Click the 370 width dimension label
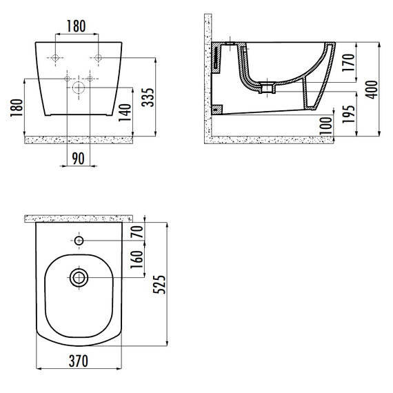[x=79, y=361]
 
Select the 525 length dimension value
[x=159, y=285]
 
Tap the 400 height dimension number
[x=372, y=90]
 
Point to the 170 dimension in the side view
[x=348, y=63]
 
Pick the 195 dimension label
[x=349, y=114]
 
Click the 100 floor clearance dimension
[x=326, y=126]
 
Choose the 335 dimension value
[x=148, y=97]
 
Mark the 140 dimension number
[x=125, y=112]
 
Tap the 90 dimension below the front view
[x=78, y=159]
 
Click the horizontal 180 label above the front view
[x=77, y=26]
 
